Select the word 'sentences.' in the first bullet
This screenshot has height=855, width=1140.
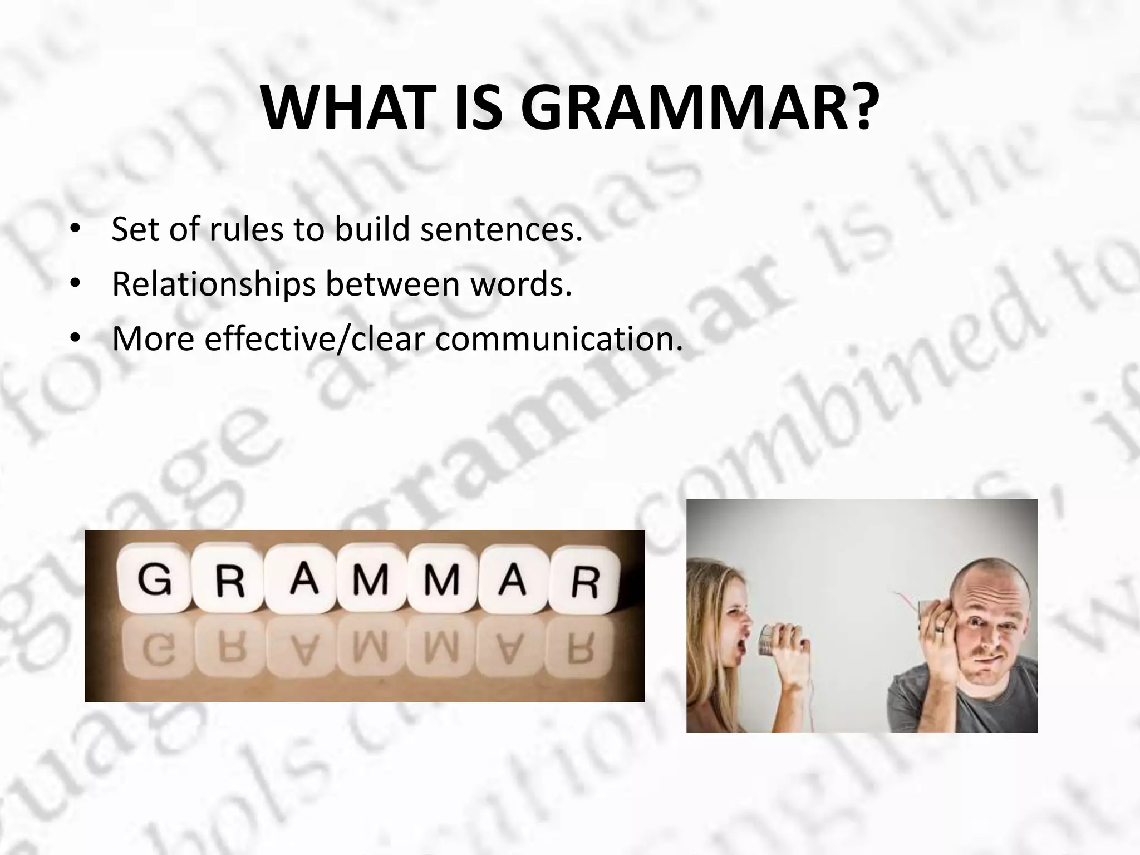click(501, 229)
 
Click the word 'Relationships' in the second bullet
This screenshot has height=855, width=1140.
click(213, 284)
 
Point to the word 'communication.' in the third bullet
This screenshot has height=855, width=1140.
click(558, 339)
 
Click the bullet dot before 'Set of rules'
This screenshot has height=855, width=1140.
click(75, 231)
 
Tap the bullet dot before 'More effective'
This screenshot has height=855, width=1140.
click(75, 340)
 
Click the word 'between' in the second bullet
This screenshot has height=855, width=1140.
click(393, 284)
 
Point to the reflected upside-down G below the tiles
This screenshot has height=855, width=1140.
click(154, 652)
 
